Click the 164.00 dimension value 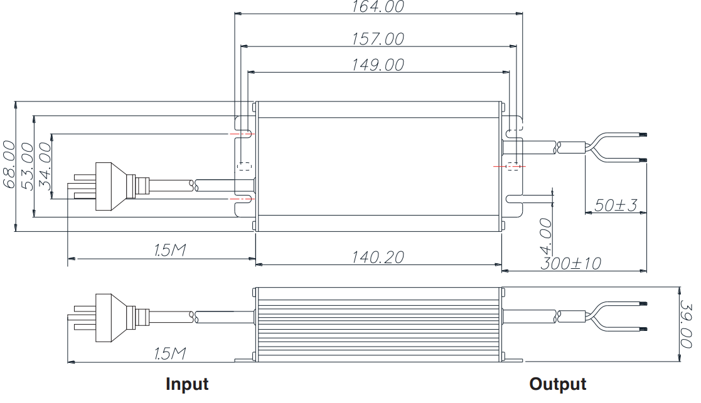click(x=378, y=7)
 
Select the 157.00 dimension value click(x=378, y=39)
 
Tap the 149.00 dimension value click(x=378, y=65)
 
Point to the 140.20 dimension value click(x=378, y=257)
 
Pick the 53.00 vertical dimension click(x=27, y=166)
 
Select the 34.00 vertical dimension click(x=45, y=166)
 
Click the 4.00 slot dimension click(x=546, y=236)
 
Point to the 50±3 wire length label click(x=616, y=206)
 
